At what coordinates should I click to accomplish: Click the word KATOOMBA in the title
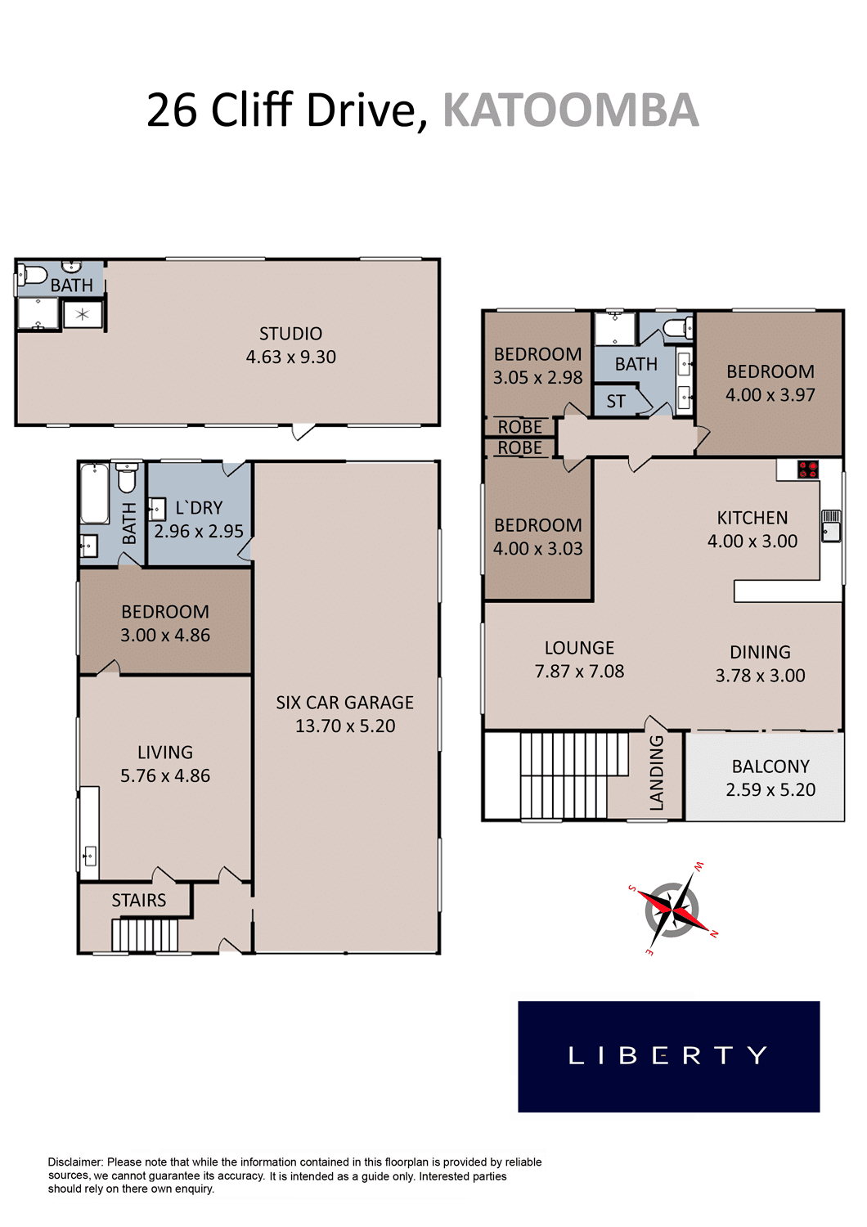(570, 110)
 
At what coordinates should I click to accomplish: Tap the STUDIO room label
(290, 334)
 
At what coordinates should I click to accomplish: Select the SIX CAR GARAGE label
(344, 702)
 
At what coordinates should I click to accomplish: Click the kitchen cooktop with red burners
(808, 470)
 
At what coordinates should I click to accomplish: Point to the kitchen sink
(831, 525)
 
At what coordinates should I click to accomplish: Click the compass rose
(673, 910)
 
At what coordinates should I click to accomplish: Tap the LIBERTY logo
(668, 1055)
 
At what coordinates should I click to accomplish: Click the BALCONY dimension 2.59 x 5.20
(770, 789)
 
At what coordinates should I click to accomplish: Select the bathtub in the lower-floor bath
(95, 493)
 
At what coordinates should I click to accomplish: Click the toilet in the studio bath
(32, 275)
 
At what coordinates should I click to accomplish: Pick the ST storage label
(616, 402)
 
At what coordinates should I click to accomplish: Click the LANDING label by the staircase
(656, 772)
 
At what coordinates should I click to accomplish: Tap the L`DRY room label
(199, 508)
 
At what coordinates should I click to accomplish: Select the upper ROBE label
(519, 427)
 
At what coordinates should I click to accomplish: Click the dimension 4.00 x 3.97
(770, 394)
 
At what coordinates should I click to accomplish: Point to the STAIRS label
(138, 900)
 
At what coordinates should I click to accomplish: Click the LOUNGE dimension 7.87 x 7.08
(579, 671)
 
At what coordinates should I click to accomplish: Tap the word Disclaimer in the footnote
(75, 1162)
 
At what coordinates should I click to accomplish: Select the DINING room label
(760, 652)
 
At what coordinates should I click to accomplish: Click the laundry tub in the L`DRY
(157, 510)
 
